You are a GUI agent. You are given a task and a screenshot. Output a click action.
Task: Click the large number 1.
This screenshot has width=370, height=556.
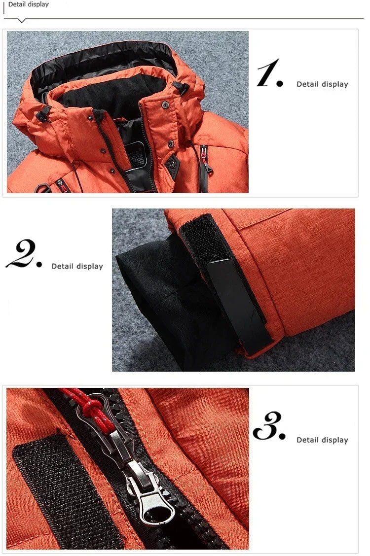click(269, 74)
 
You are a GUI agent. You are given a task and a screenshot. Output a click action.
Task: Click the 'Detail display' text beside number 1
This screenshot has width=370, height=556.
click(322, 84)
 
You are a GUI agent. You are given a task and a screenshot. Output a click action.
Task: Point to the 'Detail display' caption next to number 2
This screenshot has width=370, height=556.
click(77, 266)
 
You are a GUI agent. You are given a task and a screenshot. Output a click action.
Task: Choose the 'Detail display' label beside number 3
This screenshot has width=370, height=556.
click(322, 440)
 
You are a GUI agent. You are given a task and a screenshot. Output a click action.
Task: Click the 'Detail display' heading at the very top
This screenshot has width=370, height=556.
click(29, 4)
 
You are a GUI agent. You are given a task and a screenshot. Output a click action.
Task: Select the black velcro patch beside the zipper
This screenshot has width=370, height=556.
click(64, 493)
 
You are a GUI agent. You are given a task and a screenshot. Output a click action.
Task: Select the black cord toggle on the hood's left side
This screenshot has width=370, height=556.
click(43, 113)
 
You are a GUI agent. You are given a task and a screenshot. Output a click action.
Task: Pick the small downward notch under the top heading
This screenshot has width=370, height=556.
click(21, 21)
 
